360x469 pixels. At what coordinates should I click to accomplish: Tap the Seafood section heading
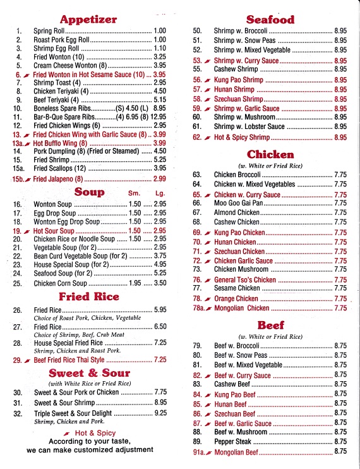(x=270, y=19)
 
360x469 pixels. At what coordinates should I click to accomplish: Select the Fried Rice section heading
(x=89, y=296)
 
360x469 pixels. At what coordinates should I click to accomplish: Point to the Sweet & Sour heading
(x=88, y=373)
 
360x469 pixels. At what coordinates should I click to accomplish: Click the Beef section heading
(x=270, y=326)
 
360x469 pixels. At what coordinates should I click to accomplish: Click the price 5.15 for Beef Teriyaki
(x=159, y=100)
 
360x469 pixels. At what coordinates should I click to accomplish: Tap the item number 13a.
(x=18, y=143)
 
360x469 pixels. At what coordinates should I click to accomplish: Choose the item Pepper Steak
(x=232, y=441)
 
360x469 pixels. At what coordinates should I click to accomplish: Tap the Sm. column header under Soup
(x=134, y=193)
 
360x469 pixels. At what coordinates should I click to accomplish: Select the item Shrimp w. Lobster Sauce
(x=249, y=127)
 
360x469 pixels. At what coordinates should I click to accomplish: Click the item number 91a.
(x=200, y=451)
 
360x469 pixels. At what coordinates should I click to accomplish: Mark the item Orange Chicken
(x=236, y=298)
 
